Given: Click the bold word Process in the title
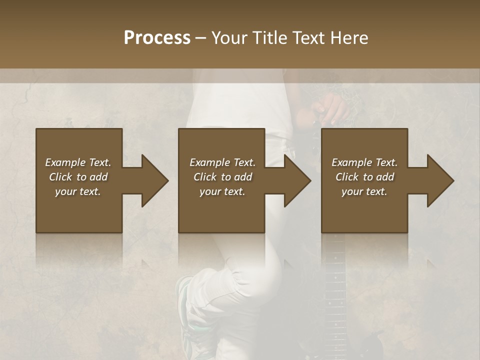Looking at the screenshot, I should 157,38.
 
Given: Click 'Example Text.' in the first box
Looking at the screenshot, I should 78,162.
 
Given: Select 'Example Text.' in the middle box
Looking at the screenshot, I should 222,162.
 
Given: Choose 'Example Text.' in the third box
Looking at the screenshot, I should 364,162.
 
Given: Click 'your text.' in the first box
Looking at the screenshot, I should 78,191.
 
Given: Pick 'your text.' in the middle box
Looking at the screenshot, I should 222,191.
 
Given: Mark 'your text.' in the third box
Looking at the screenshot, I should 364,191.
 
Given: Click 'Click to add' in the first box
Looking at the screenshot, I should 78,177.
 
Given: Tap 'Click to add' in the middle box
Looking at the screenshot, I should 222,177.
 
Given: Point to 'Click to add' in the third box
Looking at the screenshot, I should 364,177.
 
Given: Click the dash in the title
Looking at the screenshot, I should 201,38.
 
